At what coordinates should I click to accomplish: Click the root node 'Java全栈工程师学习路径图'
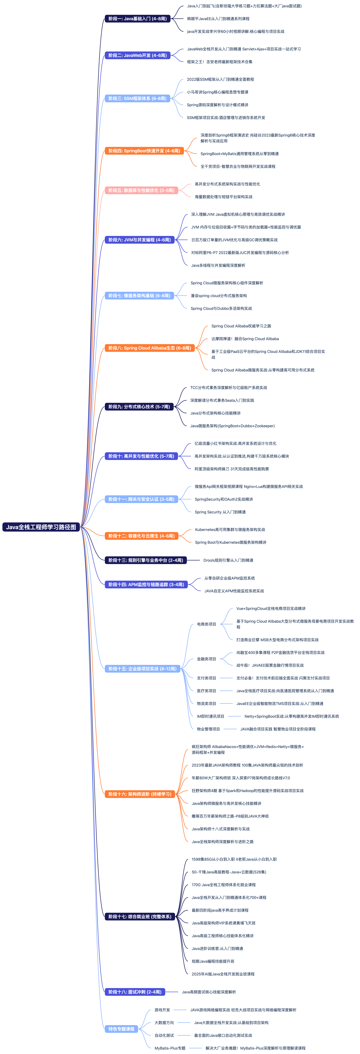[41, 527]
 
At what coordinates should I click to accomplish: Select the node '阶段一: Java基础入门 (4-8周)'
[137, 19]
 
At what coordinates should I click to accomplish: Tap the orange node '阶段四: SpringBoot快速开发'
[144, 151]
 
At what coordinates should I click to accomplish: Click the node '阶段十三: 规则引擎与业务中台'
[146, 560]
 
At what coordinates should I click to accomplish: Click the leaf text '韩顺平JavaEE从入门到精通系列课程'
[218, 19]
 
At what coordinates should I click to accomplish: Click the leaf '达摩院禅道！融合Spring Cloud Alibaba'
[245, 339]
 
